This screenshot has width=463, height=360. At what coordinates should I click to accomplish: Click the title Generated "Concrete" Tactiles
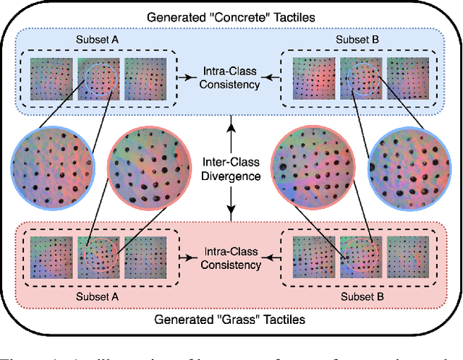(231, 15)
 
